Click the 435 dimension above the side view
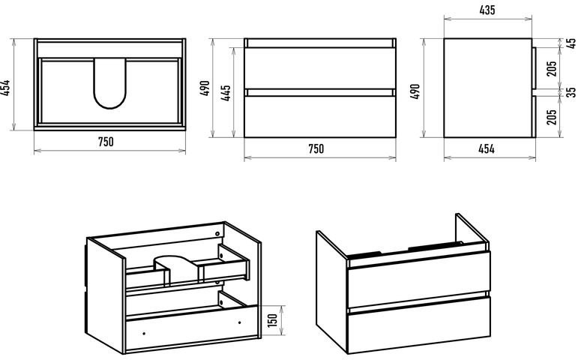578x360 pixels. pyautogui.click(x=487, y=10)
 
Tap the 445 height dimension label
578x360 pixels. pyautogui.click(x=226, y=92)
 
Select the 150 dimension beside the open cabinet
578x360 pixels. pyautogui.click(x=271, y=320)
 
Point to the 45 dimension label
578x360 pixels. pyautogui.click(x=571, y=43)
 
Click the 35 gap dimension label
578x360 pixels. pyautogui.click(x=571, y=91)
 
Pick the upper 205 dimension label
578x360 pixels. pyautogui.click(x=552, y=68)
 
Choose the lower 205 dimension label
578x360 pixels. pyautogui.click(x=552, y=117)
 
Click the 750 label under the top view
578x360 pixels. pyautogui.click(x=106, y=142)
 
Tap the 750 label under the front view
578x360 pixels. pyautogui.click(x=316, y=148)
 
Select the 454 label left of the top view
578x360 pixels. pyautogui.click(x=5, y=88)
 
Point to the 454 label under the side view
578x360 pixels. pyautogui.click(x=487, y=148)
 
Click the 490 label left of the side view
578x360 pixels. pyautogui.click(x=415, y=91)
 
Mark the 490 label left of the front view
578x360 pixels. pyautogui.click(x=205, y=88)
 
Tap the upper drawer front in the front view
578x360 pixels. pyautogui.click(x=320, y=67)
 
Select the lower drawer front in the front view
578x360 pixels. pyautogui.click(x=320, y=116)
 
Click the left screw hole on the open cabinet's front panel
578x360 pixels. pyautogui.click(x=144, y=334)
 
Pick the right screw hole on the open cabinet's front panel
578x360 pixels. pyautogui.click(x=240, y=322)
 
